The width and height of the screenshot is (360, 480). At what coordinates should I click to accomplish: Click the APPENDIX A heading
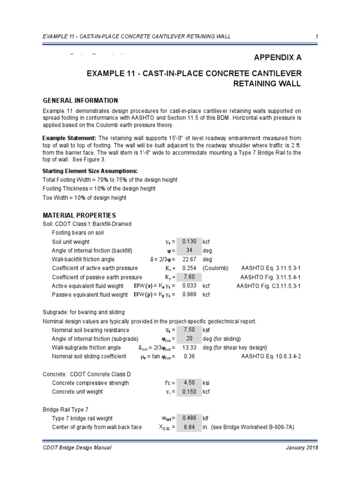pos(277,58)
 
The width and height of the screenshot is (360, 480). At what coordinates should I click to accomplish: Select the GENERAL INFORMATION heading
pos(80,101)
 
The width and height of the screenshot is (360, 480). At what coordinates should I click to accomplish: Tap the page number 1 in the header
pos(317,37)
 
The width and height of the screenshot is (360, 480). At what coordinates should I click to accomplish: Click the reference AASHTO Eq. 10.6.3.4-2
pos(271,357)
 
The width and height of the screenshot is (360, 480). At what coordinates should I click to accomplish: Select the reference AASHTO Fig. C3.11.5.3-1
pos(268,286)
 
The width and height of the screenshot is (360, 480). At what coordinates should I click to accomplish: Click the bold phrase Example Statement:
pos(69,138)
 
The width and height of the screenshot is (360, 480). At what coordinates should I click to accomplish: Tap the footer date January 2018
pos(301,448)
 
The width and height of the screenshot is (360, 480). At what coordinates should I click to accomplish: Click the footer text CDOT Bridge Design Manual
pos(77,448)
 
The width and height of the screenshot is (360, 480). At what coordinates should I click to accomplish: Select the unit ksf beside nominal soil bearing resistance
pos(207,330)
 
